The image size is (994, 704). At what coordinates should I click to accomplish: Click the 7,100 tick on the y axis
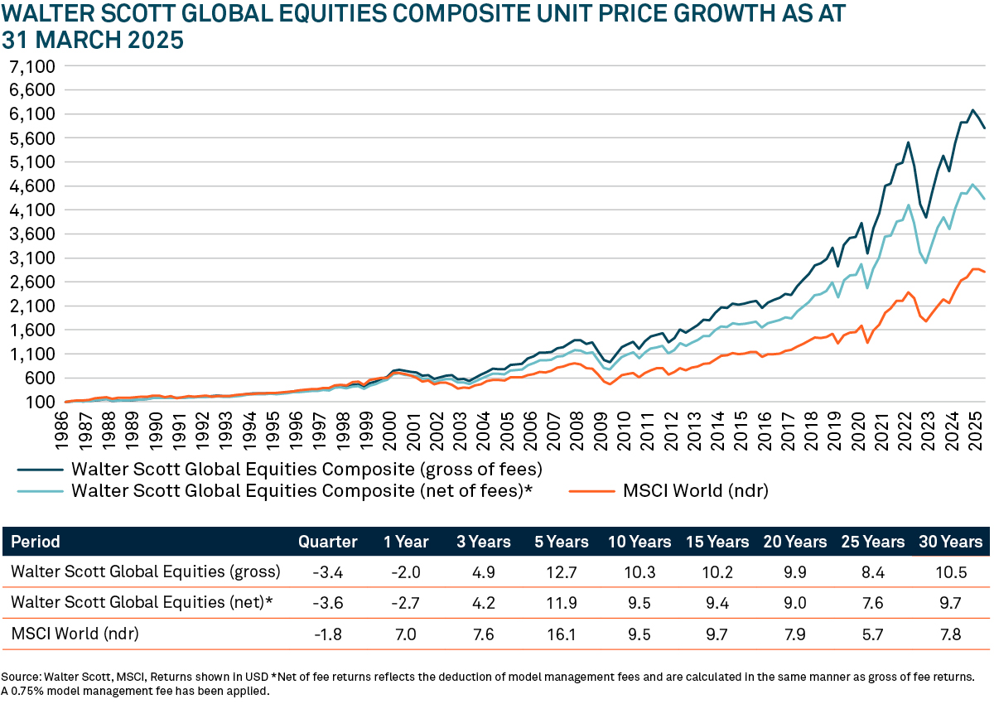[31, 66]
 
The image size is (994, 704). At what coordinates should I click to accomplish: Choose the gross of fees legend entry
[306, 469]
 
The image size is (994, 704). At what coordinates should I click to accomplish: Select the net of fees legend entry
[302, 490]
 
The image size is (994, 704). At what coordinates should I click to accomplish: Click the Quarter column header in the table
[328, 542]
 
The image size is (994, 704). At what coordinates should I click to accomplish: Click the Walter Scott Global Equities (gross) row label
[146, 571]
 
